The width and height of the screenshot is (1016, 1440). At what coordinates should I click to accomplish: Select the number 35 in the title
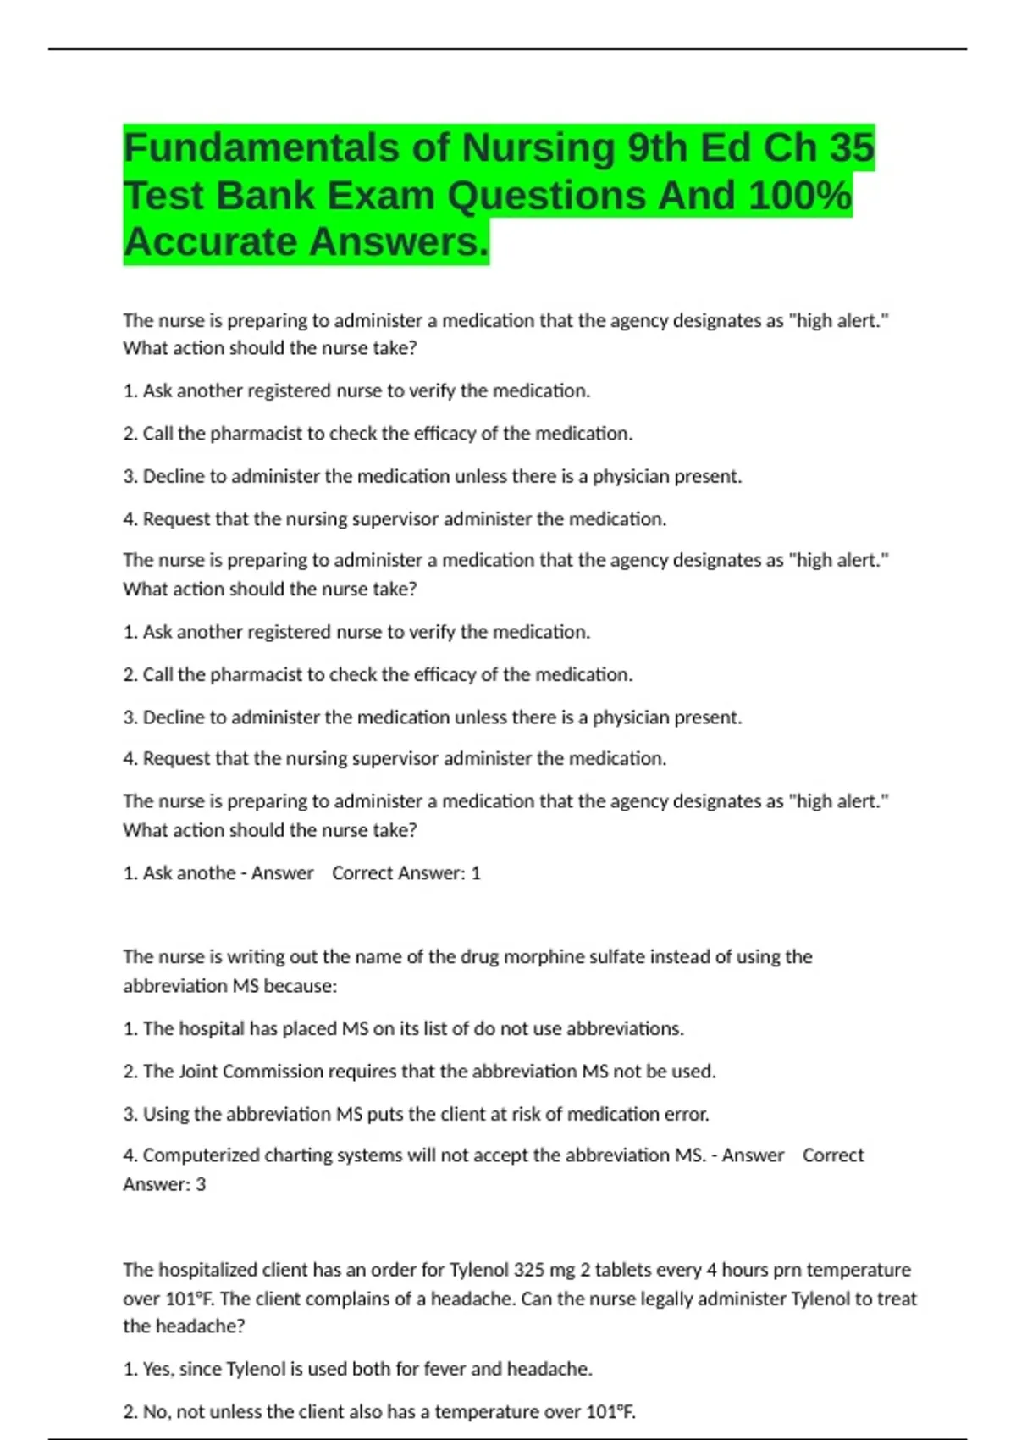(x=851, y=148)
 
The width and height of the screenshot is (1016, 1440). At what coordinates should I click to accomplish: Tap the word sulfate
(x=622, y=957)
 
